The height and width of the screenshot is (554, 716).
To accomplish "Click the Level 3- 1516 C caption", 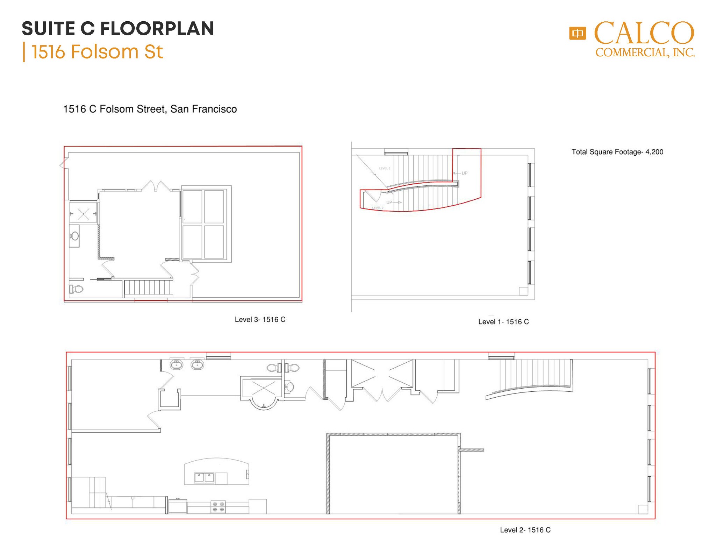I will click(260, 319).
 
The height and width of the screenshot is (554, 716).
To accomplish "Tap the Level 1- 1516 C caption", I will click(503, 322).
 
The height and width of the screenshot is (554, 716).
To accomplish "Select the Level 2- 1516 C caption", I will click(525, 530).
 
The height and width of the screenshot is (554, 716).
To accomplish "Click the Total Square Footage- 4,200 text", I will click(617, 152).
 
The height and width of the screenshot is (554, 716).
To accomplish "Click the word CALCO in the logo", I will click(644, 33).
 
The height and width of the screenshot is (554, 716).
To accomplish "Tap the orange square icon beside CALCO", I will click(577, 34).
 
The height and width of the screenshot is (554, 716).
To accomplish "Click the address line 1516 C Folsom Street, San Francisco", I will click(150, 109).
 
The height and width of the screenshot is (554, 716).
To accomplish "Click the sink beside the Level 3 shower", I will click(74, 236).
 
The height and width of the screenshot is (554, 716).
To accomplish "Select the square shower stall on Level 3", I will click(83, 213).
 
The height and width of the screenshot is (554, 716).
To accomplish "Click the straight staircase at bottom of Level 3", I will click(147, 287).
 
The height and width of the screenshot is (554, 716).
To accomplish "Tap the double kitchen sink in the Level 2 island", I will click(204, 477).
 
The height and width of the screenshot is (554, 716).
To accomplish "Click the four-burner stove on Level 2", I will click(218, 507).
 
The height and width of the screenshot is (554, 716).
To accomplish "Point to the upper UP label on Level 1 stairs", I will click(464, 173).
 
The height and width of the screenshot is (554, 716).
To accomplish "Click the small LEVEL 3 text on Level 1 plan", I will click(385, 168).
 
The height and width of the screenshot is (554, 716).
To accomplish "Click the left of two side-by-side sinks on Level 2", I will click(176, 365).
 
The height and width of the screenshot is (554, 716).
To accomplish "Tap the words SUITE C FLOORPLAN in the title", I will click(118, 28).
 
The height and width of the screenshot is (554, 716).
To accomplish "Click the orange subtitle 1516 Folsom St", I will click(97, 52).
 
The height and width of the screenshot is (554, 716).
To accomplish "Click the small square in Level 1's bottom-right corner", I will click(523, 291).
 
